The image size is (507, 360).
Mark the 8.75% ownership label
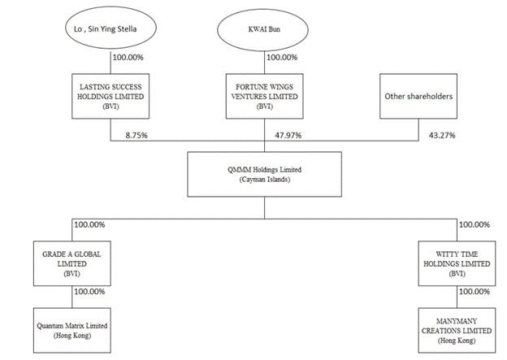pyautogui.click(x=136, y=135)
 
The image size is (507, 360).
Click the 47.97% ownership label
pyautogui.click(x=288, y=135)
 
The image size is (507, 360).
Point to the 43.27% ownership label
pyautogui.click(x=442, y=135)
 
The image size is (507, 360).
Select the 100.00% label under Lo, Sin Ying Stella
pyautogui.click(x=128, y=58)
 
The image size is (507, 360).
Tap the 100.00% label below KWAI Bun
pyautogui.click(x=282, y=58)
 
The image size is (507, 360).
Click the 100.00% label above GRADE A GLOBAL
pyautogui.click(x=90, y=225)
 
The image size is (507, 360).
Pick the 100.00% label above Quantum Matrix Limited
pyautogui.click(x=90, y=292)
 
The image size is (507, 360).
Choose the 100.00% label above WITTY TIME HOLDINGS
pyautogui.click(x=474, y=225)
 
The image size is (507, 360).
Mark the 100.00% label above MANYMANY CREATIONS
pyautogui.click(x=474, y=292)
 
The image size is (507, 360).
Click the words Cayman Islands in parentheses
pyautogui.click(x=265, y=180)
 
